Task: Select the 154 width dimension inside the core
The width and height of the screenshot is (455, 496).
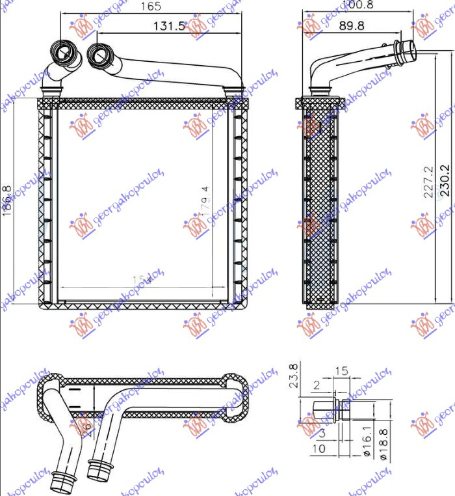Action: coord(142,280)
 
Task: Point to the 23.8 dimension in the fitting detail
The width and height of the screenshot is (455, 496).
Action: coord(294,376)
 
